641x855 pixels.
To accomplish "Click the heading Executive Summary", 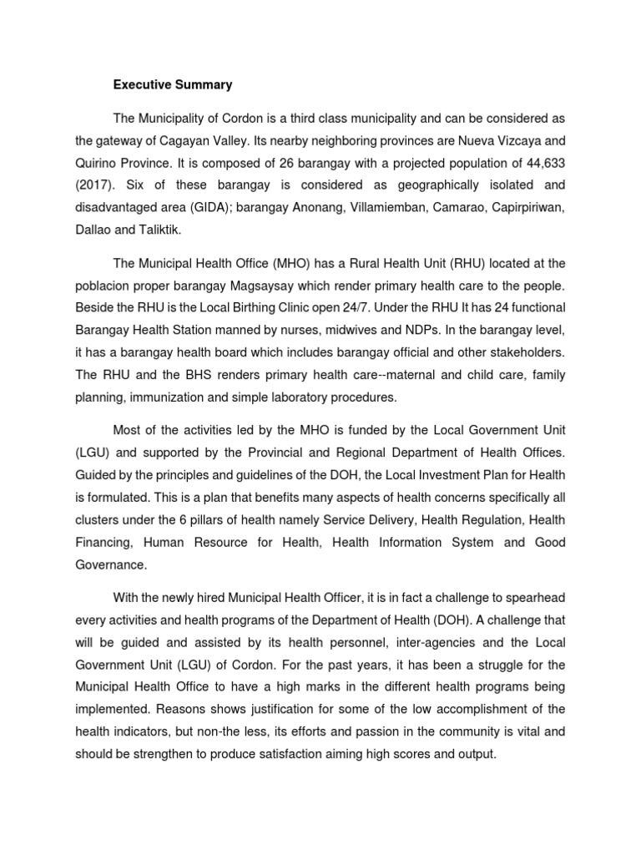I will (x=173, y=85).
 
